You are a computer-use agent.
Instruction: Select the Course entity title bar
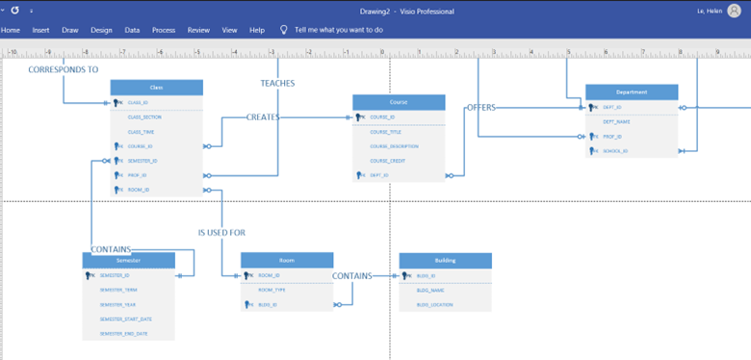[399, 102]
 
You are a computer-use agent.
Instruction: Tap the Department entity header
[632, 92]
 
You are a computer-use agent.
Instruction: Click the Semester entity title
[128, 261]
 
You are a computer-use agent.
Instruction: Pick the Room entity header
[286, 260]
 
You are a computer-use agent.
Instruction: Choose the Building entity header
[445, 260]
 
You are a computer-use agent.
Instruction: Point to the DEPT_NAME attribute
[617, 122]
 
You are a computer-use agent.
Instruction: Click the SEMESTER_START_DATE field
[125, 319]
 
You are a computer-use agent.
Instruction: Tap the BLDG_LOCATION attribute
[436, 304]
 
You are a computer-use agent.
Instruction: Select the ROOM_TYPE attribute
[272, 290]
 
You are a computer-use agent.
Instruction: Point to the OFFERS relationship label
[480, 108]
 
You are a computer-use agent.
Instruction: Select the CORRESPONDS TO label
[64, 69]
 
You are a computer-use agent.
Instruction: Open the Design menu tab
[101, 30]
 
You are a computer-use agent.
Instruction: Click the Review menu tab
[198, 30]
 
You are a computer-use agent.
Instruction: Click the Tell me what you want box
[338, 30]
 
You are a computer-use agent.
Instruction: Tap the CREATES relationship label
[263, 117]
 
